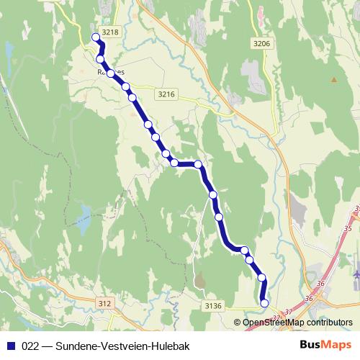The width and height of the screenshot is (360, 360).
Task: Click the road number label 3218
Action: click(x=110, y=32)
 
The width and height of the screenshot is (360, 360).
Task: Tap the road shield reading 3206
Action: click(x=261, y=44)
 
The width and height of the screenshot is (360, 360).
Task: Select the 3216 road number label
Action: click(x=166, y=94)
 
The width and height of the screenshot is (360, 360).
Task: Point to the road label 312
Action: click(x=104, y=303)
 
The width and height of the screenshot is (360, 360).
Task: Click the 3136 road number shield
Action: click(x=212, y=306)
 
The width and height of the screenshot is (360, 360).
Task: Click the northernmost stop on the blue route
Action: click(x=96, y=38)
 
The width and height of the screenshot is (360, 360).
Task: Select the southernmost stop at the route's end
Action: click(x=264, y=303)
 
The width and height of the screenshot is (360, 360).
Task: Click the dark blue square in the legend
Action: click(x=10, y=346)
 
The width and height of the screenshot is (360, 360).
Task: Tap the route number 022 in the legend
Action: click(x=31, y=346)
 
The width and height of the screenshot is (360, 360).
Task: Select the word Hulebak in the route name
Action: click(x=171, y=346)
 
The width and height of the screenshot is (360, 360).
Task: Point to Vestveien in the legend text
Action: click(x=127, y=346)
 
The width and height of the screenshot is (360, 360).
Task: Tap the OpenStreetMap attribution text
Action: click(x=297, y=323)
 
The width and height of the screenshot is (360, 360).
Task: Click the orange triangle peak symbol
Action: click(x=333, y=78)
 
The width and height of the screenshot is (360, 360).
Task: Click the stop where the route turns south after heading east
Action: click(x=199, y=165)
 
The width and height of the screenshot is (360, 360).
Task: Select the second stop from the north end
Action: click(x=101, y=59)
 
